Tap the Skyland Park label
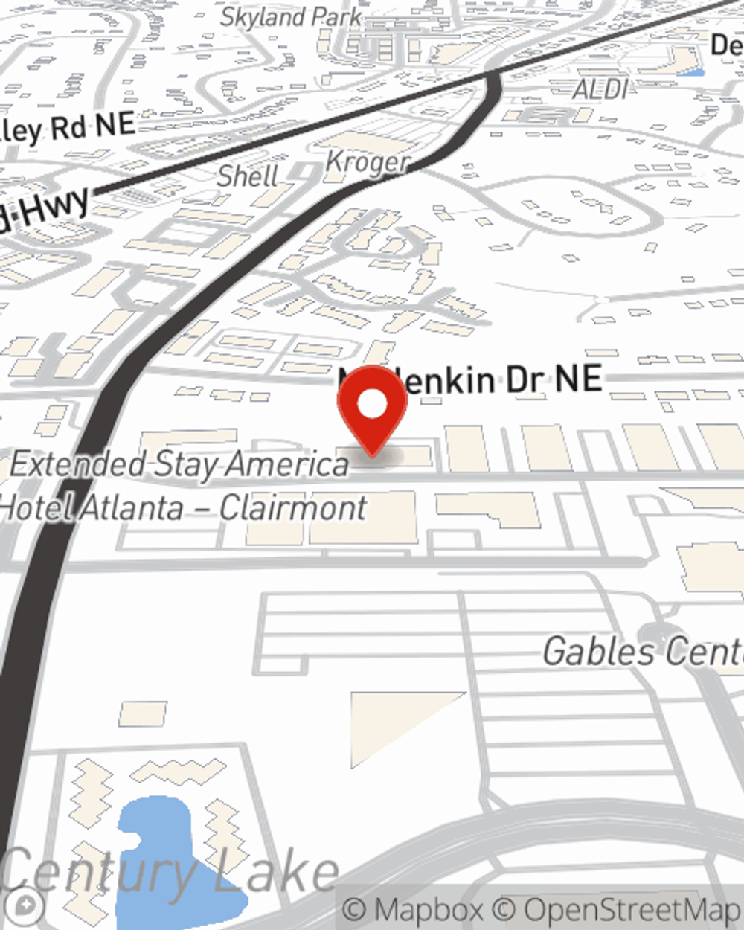tap(291, 16)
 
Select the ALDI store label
tap(600, 90)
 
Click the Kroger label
tap(368, 162)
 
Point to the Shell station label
tap(248, 176)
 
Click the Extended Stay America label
tap(179, 464)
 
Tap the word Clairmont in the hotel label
tap(293, 508)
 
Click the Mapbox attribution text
tap(413, 910)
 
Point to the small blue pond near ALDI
tap(691, 72)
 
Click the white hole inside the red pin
tap(372, 404)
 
